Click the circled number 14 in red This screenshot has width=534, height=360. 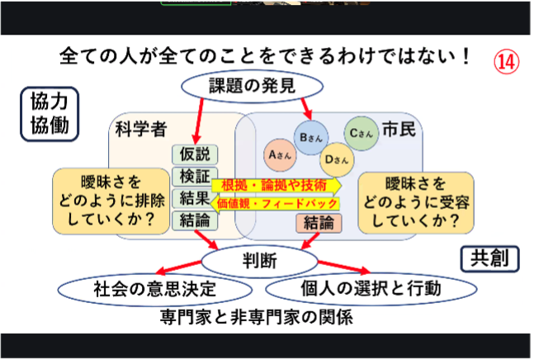pyautogui.click(x=507, y=62)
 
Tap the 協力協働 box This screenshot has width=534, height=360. pyautogui.click(x=49, y=113)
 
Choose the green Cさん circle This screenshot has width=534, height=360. pyautogui.click(x=360, y=132)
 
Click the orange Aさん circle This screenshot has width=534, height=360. pyautogui.click(x=281, y=154)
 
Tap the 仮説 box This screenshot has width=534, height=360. pyautogui.click(x=196, y=154)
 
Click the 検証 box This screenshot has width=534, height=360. pyautogui.click(x=196, y=176)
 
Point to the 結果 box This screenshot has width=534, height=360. pyautogui.click(x=196, y=198)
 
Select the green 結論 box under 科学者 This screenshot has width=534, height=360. pyautogui.click(x=196, y=220)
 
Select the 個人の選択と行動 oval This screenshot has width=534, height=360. pyautogui.click(x=371, y=289)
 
